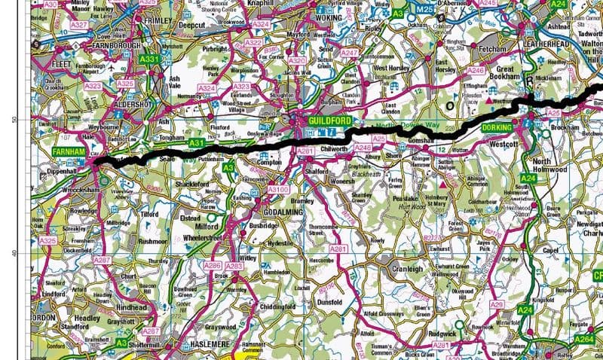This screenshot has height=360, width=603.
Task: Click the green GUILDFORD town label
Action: point(326,120)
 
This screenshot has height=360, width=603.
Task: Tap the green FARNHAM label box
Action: point(71,151)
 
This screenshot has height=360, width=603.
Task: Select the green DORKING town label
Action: point(497,128)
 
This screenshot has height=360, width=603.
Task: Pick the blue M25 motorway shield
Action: point(427,8)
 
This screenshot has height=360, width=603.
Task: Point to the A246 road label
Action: point(475,70)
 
